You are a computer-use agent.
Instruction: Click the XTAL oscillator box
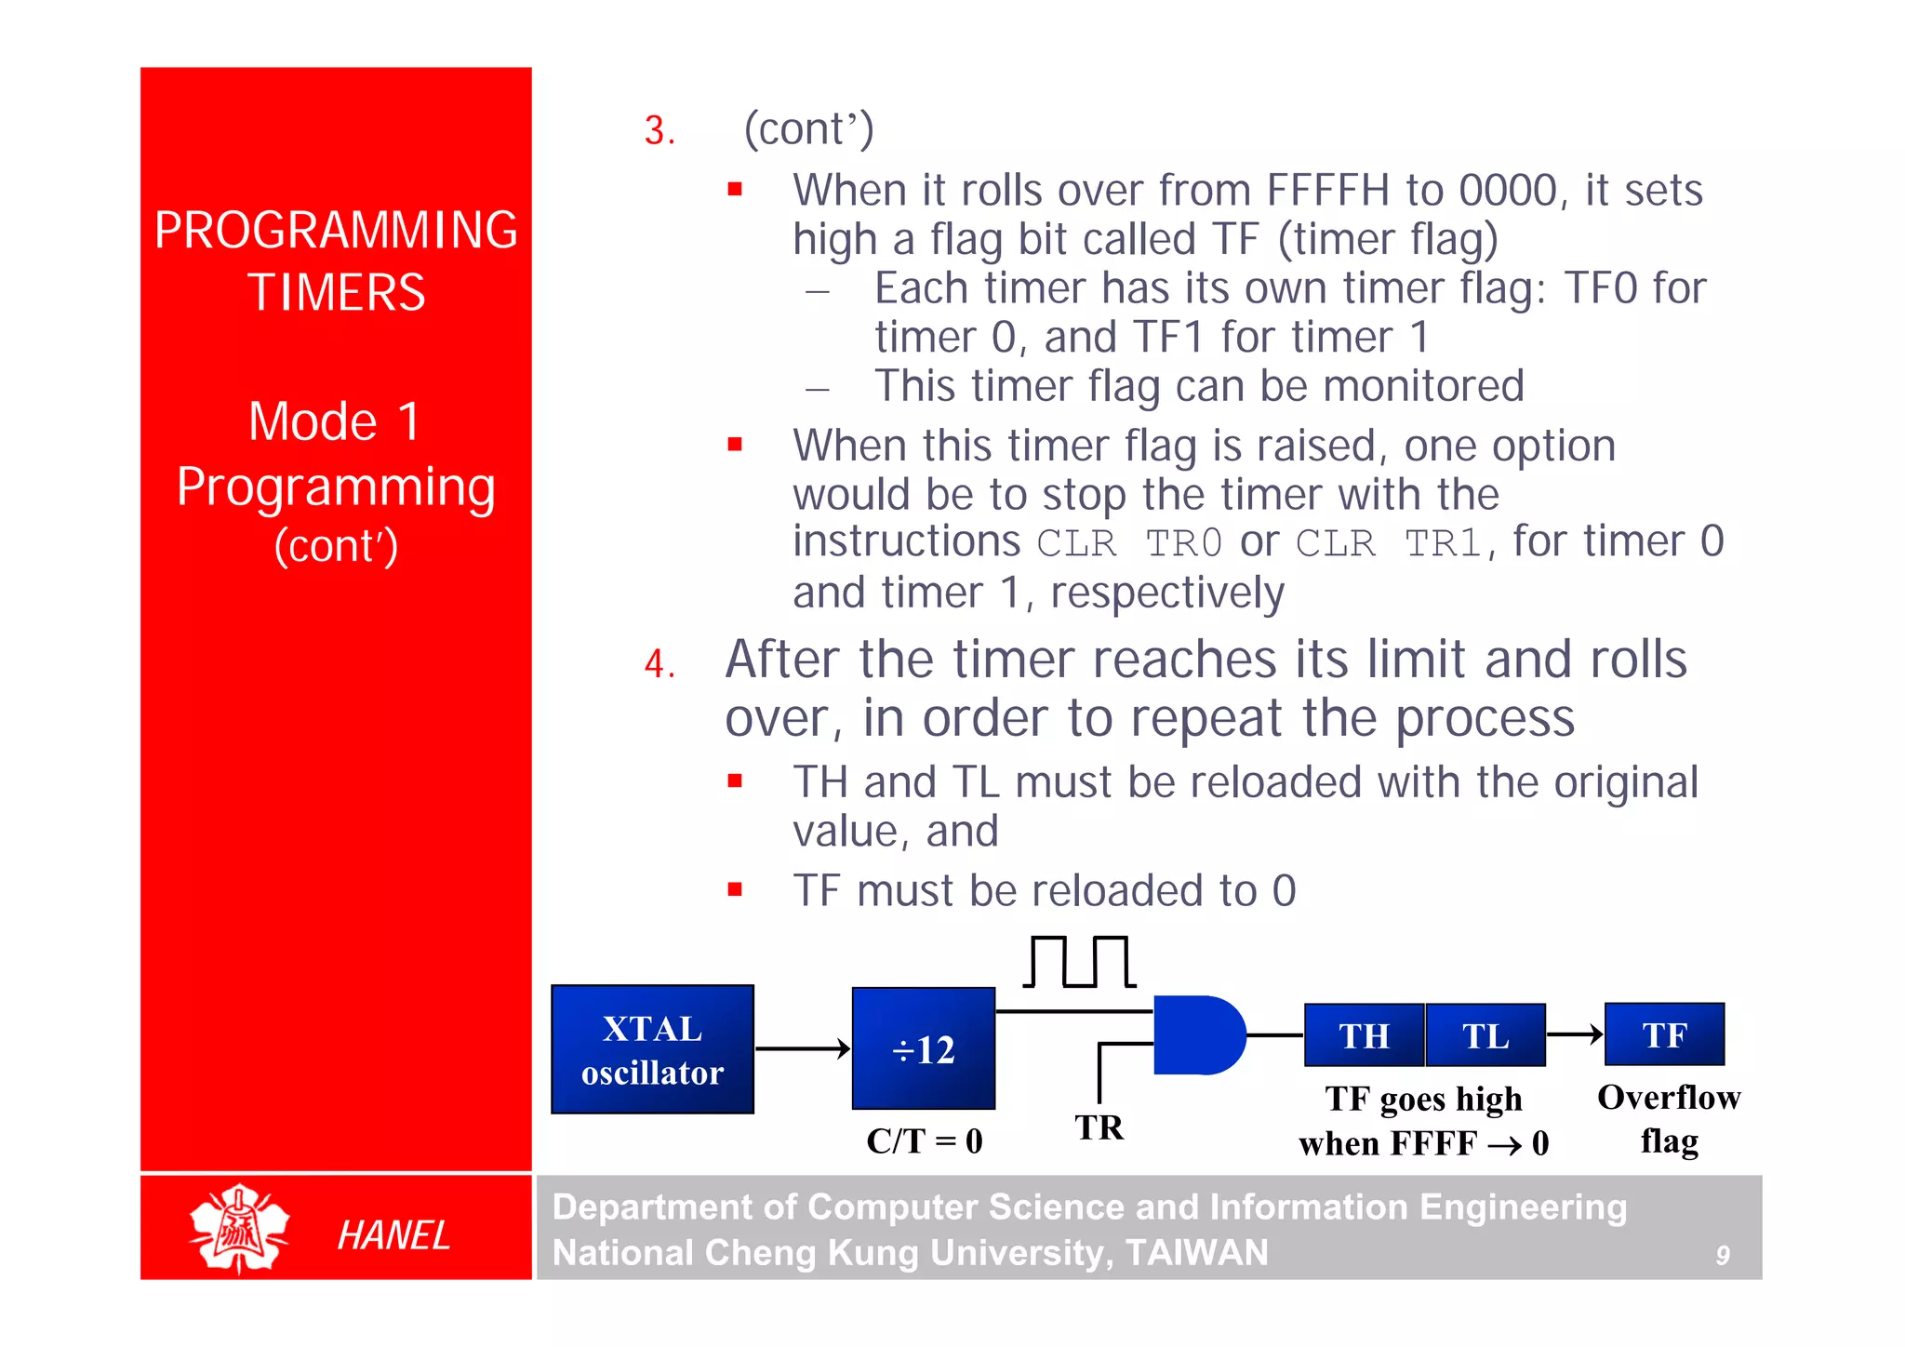tap(652, 1049)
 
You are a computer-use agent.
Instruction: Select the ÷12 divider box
tap(923, 1048)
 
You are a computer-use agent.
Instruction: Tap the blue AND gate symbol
tap(1196, 1035)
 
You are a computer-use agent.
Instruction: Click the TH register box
tap(1364, 1035)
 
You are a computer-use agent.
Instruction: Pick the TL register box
tap(1485, 1035)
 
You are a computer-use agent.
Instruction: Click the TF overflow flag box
tap(1664, 1034)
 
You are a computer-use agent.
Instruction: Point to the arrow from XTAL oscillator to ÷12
tap(802, 1049)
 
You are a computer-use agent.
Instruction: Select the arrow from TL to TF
tap(1575, 1034)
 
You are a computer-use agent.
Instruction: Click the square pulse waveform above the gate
tap(1079, 962)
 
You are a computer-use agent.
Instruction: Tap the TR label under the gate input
tap(1099, 1127)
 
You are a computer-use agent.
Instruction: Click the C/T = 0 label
tap(924, 1140)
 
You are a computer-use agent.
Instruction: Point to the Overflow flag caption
tap(1669, 1118)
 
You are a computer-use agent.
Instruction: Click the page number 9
tap(1722, 1256)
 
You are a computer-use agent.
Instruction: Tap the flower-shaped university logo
tap(239, 1228)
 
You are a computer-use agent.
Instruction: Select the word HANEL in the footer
tap(393, 1235)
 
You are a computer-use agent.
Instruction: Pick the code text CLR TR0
tap(1129, 543)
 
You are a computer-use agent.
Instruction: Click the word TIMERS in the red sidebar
tap(336, 292)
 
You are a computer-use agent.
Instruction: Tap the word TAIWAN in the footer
tap(1196, 1252)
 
